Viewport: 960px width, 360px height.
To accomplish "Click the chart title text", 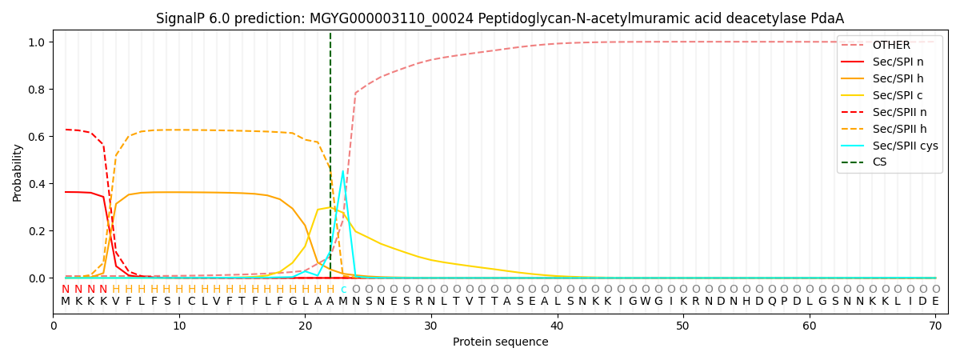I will [x=500, y=18].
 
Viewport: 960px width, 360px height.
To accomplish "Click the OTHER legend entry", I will [x=891, y=46].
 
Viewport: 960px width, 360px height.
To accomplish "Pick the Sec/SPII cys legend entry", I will [x=906, y=146].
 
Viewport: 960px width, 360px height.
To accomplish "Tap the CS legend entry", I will [x=879, y=162].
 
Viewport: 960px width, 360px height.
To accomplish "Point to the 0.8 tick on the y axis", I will [x=38, y=90].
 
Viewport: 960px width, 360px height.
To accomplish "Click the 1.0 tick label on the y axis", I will [x=38, y=42].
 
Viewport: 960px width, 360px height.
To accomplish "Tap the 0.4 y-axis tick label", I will [x=38, y=184].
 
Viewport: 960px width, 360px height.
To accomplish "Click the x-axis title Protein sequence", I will [x=500, y=342].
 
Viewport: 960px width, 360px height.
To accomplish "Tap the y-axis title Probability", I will [x=18, y=172].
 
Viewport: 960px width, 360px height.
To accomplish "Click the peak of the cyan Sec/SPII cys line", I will [x=343, y=171].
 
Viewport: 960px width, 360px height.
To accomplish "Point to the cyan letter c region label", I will [x=343, y=290].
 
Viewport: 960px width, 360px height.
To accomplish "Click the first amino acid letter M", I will [x=66, y=302].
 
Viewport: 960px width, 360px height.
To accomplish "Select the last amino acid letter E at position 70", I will [x=935, y=302].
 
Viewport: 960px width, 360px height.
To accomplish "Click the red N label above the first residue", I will [x=66, y=290].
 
